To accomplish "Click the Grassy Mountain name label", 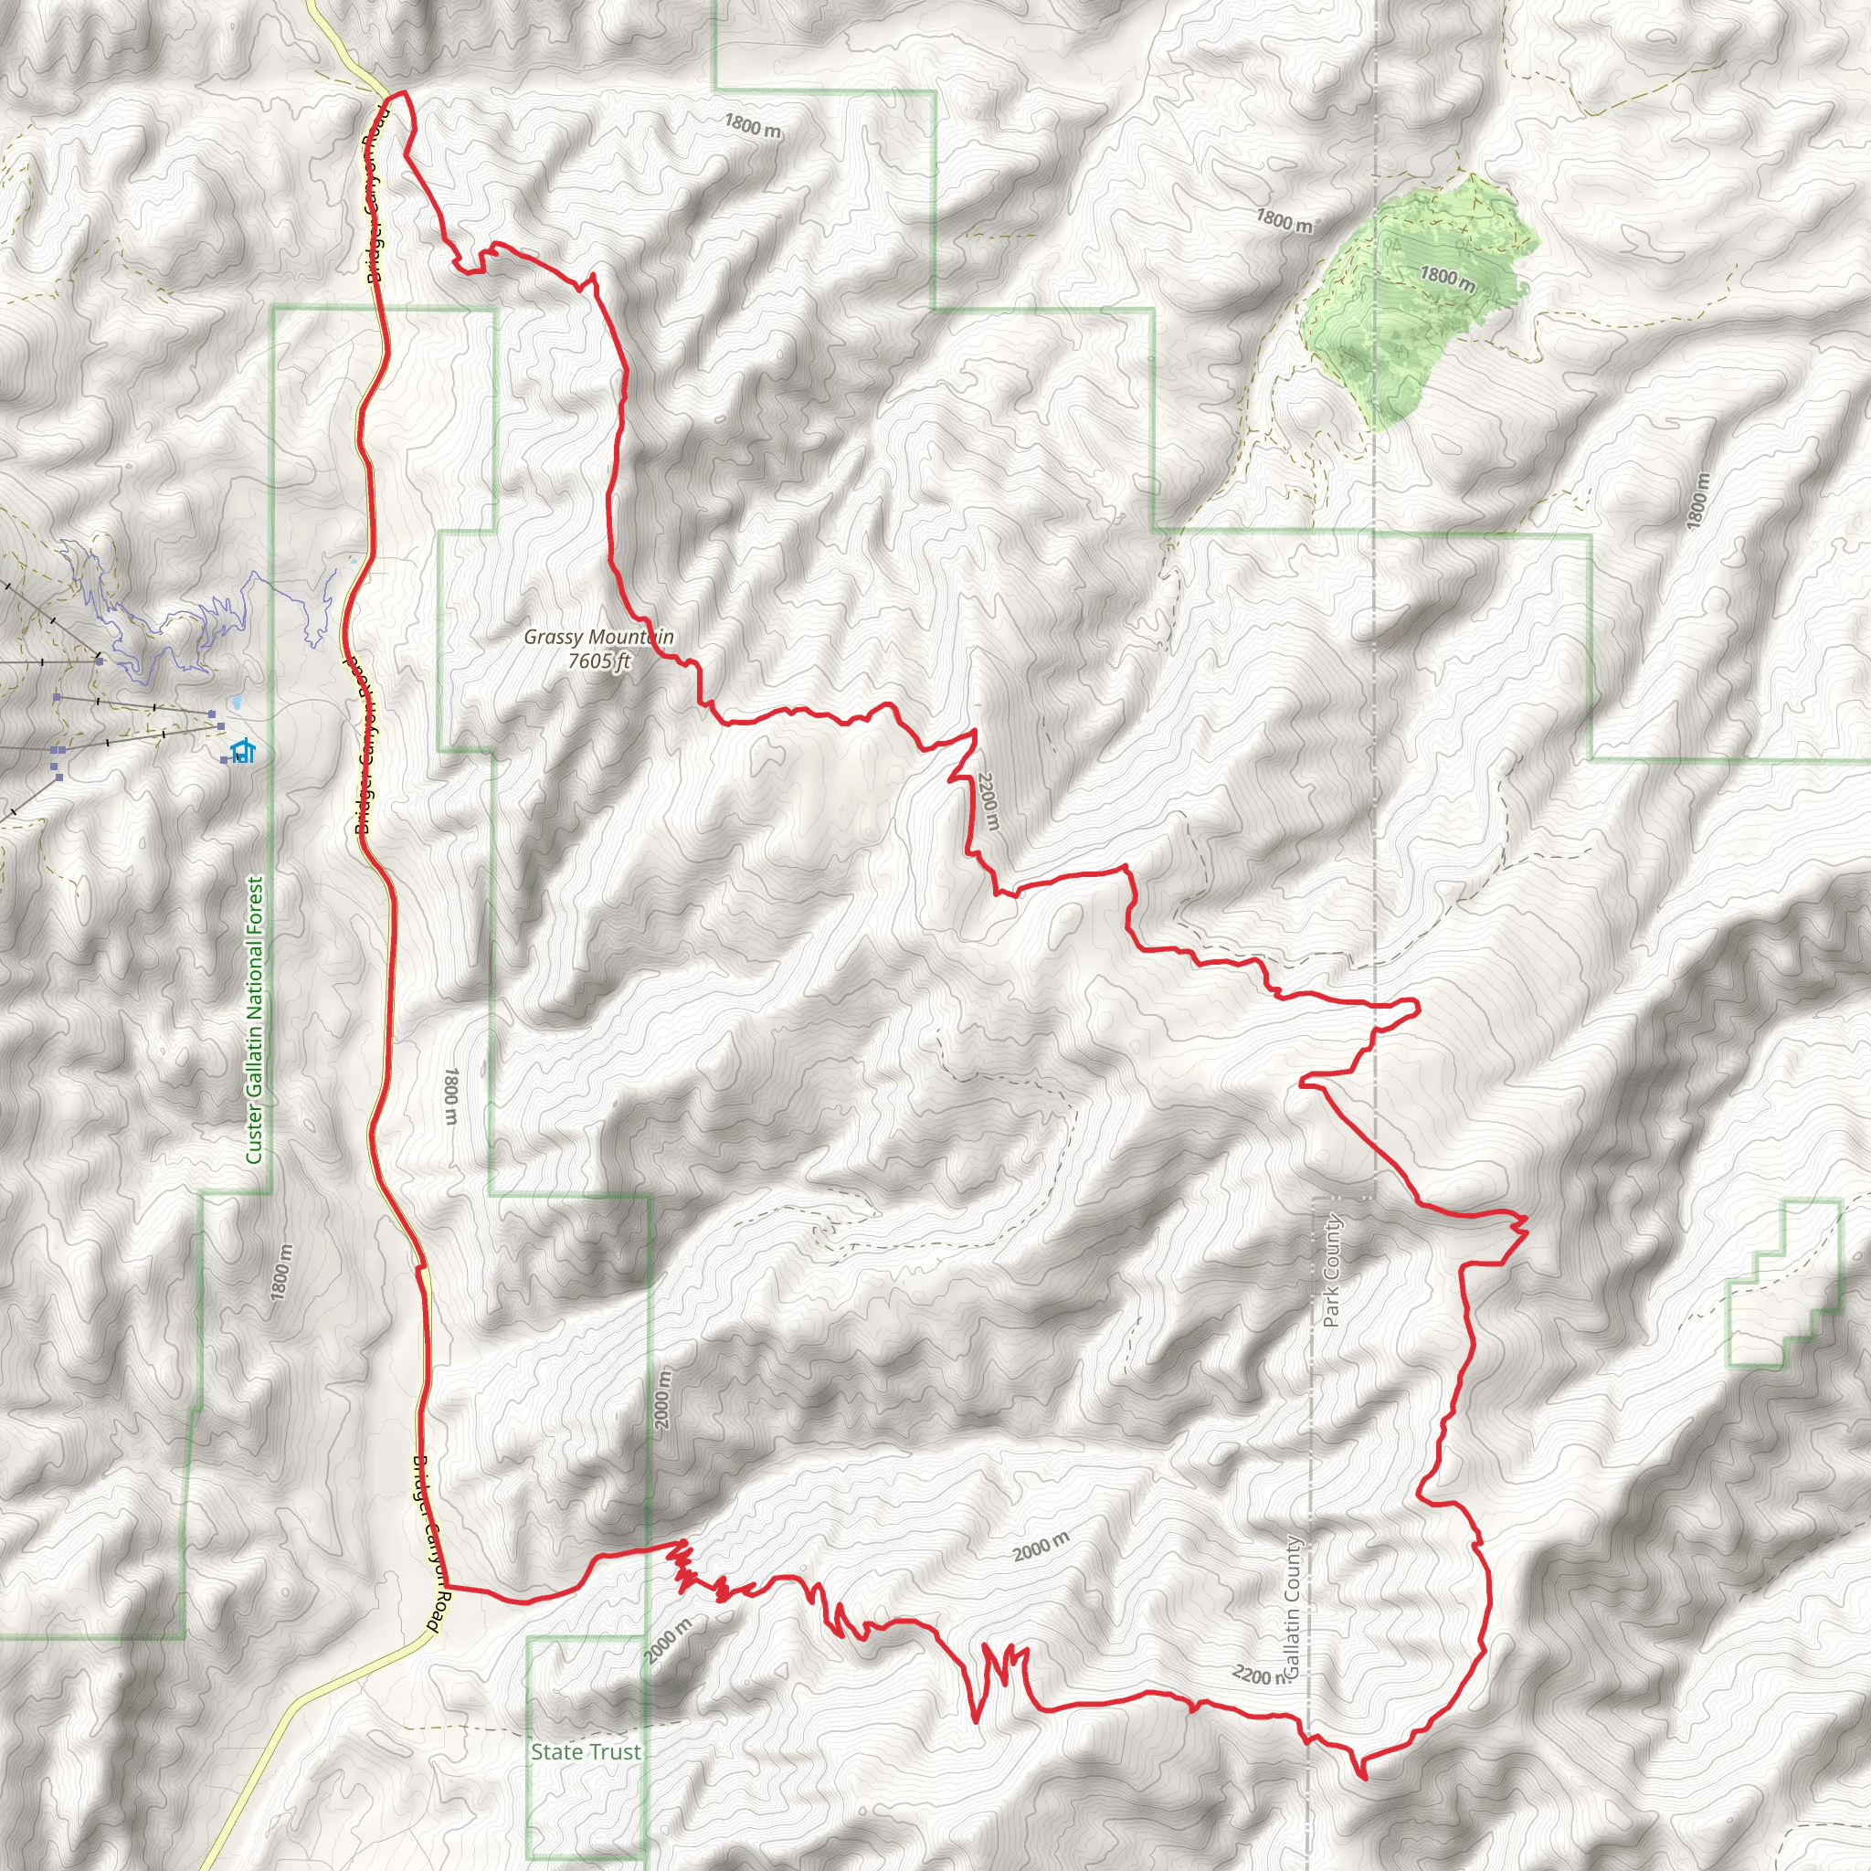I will (x=597, y=638).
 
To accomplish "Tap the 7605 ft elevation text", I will (x=598, y=661).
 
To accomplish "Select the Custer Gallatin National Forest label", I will (x=255, y=1020).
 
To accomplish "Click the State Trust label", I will (x=585, y=1751).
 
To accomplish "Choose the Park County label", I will (x=1332, y=1271).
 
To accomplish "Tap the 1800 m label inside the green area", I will (x=1447, y=279).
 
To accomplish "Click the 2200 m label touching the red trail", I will (x=988, y=800).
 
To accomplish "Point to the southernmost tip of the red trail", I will (x=1365, y=1779).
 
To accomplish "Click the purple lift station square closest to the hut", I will (x=221, y=725).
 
